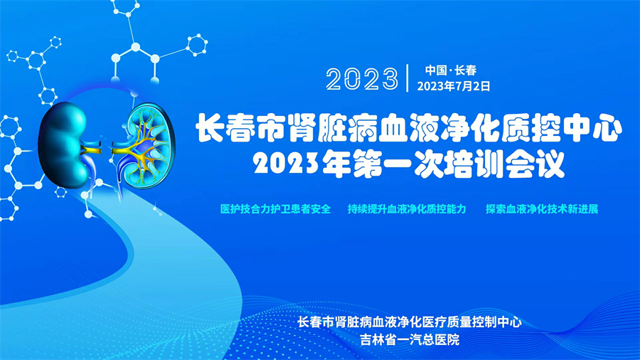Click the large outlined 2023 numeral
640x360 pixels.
tap(362, 79)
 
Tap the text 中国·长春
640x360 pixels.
tap(451, 70)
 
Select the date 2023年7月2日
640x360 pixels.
tap(454, 86)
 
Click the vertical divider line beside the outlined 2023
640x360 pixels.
tap(407, 78)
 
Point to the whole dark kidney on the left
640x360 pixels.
tap(63, 145)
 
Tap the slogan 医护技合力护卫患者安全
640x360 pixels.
tap(275, 209)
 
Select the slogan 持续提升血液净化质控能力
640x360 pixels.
tap(407, 209)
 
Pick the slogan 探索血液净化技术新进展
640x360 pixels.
tap(542, 209)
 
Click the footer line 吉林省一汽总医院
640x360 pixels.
tap(410, 339)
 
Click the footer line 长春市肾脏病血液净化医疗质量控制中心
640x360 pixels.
tap(410, 322)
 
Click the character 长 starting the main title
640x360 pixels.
tap(210, 128)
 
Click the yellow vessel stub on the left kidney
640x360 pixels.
tap(92, 148)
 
